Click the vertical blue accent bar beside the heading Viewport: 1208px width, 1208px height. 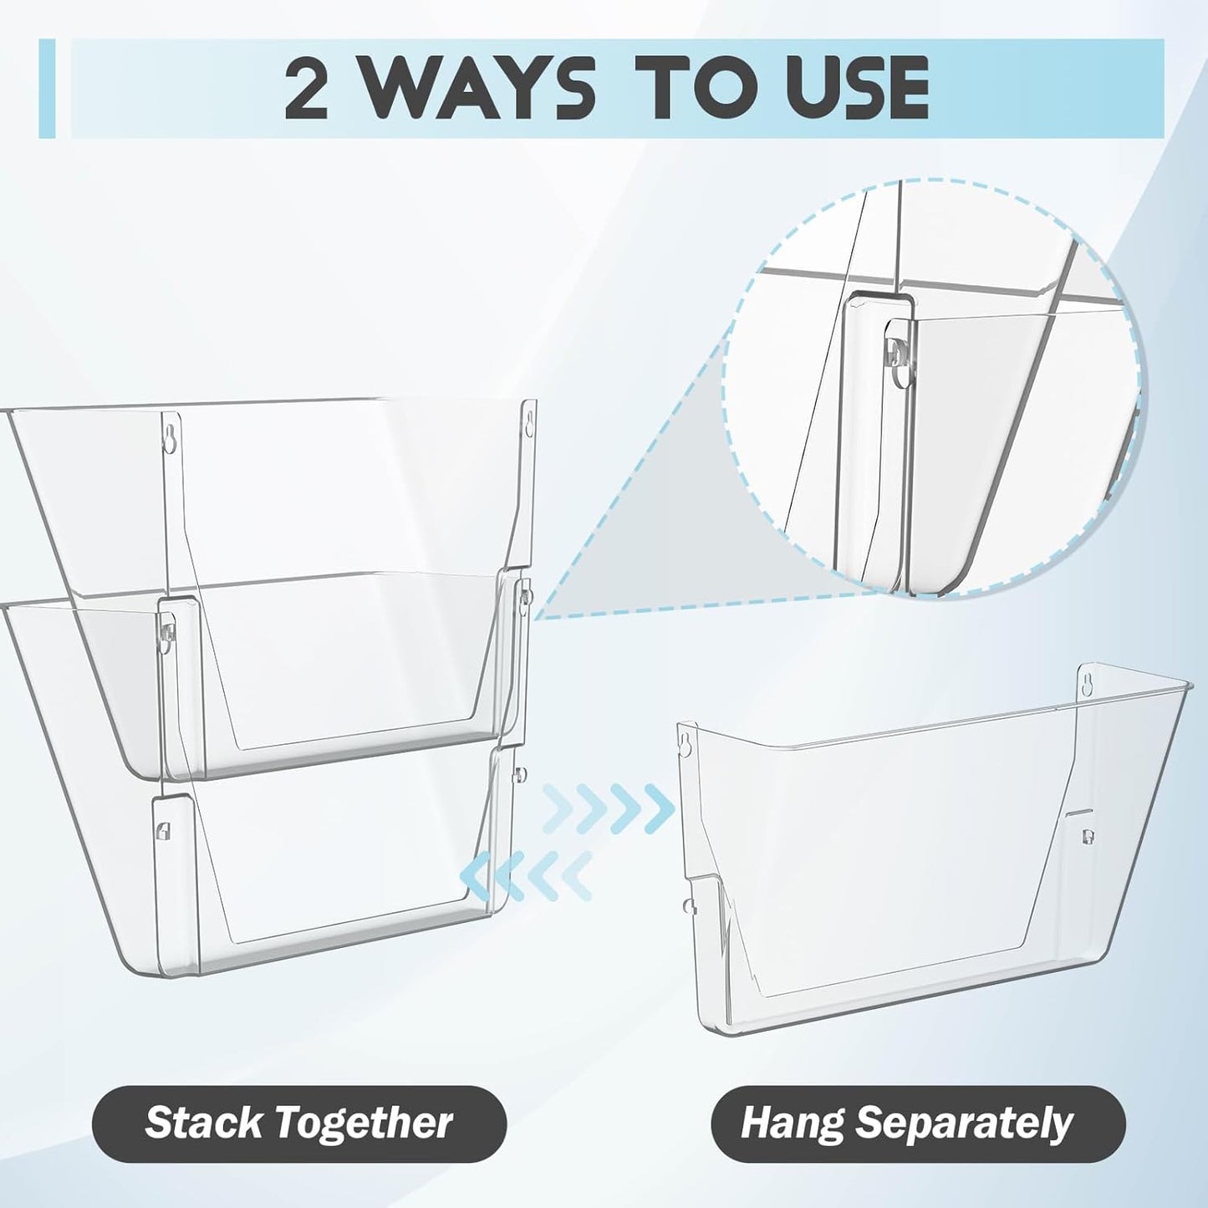tap(47, 88)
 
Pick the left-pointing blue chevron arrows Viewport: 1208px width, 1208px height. tap(527, 874)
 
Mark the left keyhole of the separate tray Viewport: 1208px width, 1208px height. tap(687, 742)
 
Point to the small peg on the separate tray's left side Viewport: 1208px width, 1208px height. tap(686, 903)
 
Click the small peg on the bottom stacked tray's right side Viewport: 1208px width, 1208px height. tap(520, 772)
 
